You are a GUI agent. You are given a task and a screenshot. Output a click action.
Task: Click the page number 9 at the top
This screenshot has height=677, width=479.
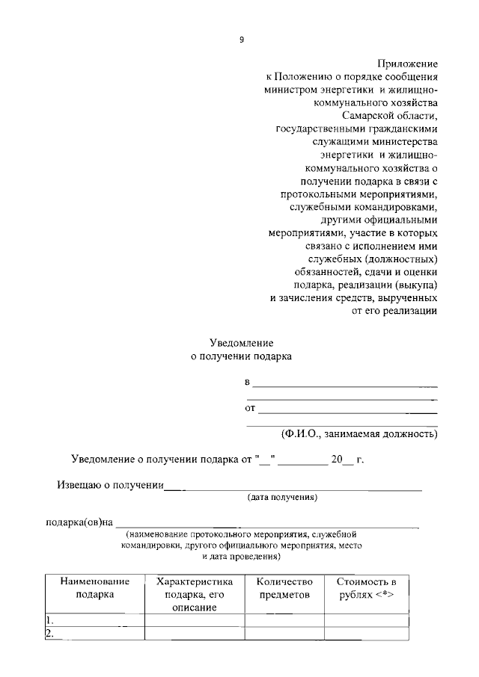[x=242, y=40]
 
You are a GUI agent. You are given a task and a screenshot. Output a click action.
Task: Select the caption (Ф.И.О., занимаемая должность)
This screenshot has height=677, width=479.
[x=359, y=433]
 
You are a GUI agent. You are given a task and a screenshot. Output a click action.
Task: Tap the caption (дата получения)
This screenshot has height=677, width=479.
[x=283, y=497]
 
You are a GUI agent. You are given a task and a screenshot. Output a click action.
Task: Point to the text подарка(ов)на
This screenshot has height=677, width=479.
[x=79, y=521]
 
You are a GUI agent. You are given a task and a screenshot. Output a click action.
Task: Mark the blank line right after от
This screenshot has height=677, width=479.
[x=348, y=411]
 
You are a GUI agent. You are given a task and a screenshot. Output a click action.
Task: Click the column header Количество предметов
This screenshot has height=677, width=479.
[x=284, y=588]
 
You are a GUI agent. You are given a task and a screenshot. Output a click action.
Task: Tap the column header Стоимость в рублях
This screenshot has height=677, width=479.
[x=366, y=588]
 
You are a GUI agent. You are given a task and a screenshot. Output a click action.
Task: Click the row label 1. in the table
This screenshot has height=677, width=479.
[x=49, y=620]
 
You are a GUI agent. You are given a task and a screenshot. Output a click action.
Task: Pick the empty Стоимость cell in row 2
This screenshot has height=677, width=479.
[x=366, y=634]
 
